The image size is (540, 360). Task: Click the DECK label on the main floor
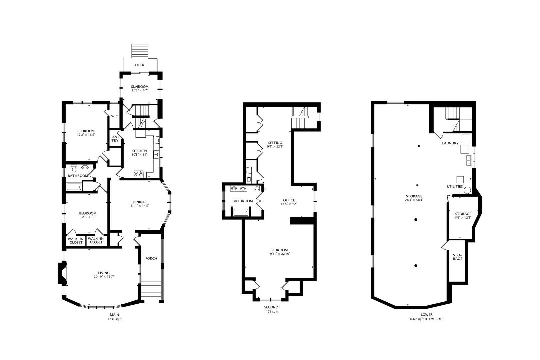click(x=140, y=65)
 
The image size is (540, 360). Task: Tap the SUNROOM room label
click(x=140, y=87)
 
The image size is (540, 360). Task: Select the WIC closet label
click(x=115, y=116)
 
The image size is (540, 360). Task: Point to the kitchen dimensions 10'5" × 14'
click(x=139, y=155)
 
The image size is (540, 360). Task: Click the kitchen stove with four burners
click(x=138, y=174)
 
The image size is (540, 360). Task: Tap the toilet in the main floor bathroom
click(x=74, y=167)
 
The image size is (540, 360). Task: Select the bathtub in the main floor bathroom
click(x=74, y=187)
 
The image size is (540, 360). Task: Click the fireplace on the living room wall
click(x=62, y=273)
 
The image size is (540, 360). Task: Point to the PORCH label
click(x=151, y=258)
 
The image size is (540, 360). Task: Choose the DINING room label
click(x=139, y=202)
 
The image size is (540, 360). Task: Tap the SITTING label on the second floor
click(x=275, y=143)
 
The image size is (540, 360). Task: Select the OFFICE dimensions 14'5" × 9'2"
click(x=289, y=204)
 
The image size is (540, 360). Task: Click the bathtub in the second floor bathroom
click(x=241, y=212)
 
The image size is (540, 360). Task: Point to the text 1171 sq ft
click(x=271, y=312)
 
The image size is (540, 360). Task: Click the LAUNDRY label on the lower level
click(x=450, y=143)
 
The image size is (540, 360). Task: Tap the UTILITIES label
click(x=455, y=186)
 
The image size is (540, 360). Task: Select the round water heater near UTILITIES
click(x=467, y=190)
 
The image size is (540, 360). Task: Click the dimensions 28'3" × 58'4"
click(x=414, y=200)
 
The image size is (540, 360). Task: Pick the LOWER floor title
click(x=426, y=315)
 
